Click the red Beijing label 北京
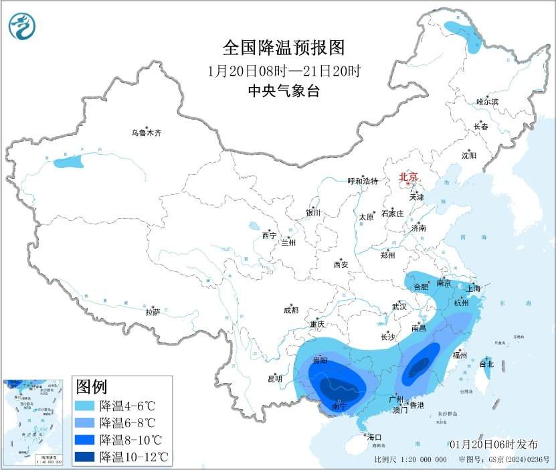(x=408, y=177)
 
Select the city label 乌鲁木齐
(x=146, y=133)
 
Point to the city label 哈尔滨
(x=487, y=102)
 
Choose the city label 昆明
(x=275, y=379)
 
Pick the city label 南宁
(x=339, y=406)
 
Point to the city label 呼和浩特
(x=363, y=181)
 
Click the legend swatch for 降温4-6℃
(x=84, y=406)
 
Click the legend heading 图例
(x=92, y=387)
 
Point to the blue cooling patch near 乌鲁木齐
(x=69, y=161)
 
